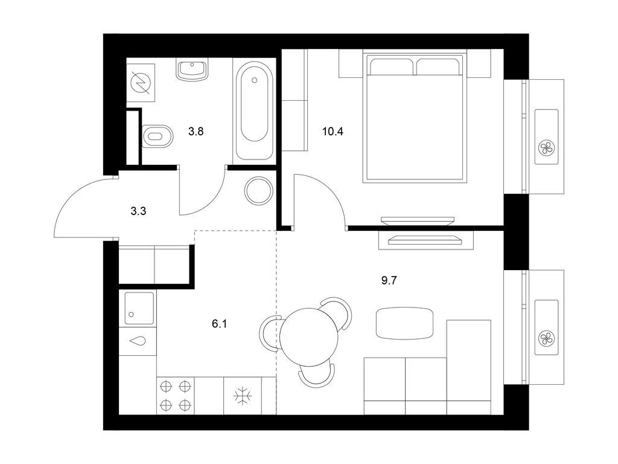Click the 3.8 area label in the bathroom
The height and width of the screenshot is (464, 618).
click(196, 130)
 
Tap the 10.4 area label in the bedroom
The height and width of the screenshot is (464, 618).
click(333, 130)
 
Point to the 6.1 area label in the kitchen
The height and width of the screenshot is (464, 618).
click(220, 324)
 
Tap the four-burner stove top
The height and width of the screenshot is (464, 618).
click(176, 395)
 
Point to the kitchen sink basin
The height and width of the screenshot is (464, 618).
click(138, 308)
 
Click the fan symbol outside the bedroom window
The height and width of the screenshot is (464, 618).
click(547, 147)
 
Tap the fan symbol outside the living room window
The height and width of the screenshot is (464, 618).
click(547, 339)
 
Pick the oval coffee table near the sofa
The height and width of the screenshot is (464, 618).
click(404, 323)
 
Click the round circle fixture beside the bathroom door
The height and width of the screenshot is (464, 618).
click(258, 190)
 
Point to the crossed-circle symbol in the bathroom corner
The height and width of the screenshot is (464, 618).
click(141, 82)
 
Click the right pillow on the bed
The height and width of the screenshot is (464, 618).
click(439, 66)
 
